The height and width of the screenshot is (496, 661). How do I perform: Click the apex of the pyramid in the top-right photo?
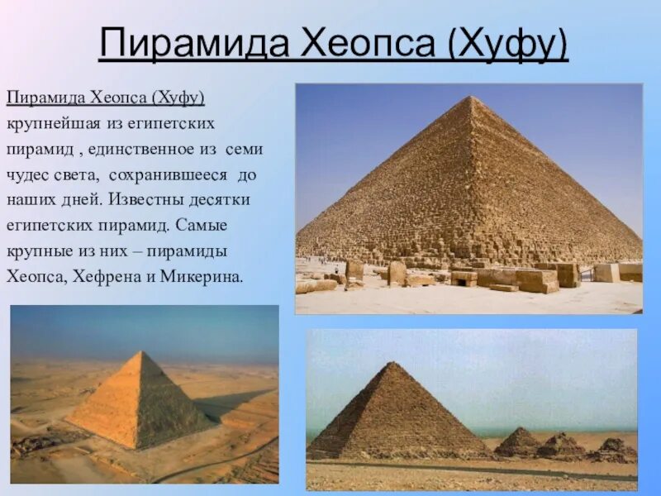[472, 98]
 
